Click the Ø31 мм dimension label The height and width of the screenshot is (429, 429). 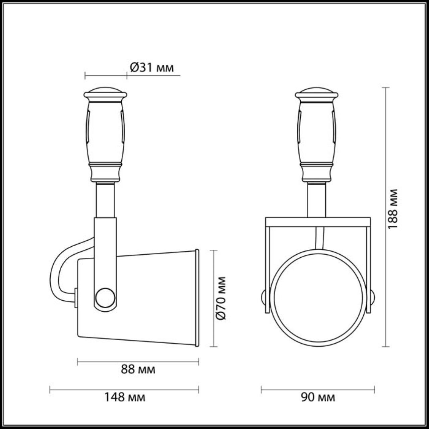coord(152,68)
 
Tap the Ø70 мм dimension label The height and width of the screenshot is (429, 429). coord(222,298)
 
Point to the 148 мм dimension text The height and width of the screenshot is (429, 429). coord(125,397)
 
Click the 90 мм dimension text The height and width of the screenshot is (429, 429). coord(318,397)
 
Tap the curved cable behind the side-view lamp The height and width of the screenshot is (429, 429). coord(57,268)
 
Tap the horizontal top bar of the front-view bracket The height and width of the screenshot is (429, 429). coord(318,221)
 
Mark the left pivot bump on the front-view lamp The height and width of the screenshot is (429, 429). coord(264,297)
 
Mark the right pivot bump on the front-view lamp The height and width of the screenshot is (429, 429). coord(372,297)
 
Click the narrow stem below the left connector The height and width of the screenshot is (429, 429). coord(106,199)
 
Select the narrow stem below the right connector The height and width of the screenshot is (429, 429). coord(317,199)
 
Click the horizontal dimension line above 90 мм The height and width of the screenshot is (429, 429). coord(318,389)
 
